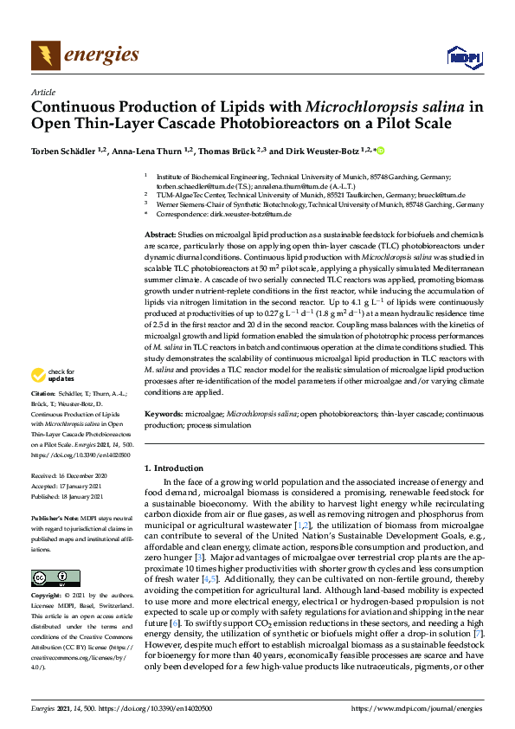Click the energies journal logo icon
click(46, 56)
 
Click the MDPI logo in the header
click(464, 57)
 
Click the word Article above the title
click(42, 93)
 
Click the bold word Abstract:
click(160, 235)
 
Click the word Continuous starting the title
click(73, 108)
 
